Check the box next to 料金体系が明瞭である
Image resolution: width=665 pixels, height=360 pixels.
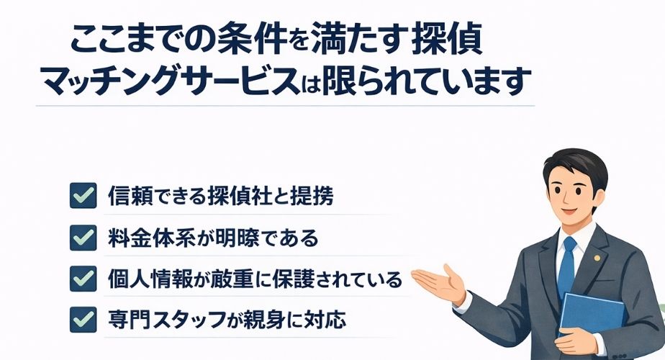(83, 236)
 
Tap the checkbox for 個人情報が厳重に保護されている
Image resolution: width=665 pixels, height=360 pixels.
(83, 277)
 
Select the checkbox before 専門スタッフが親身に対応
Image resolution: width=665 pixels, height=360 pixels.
(83, 318)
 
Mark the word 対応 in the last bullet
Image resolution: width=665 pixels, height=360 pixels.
(327, 318)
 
